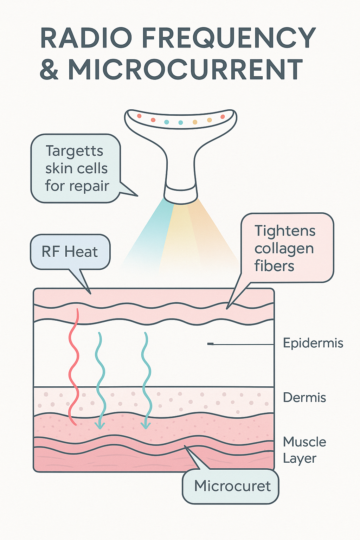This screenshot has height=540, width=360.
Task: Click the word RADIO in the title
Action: pos(86,38)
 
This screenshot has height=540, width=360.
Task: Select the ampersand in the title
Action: pos(49,69)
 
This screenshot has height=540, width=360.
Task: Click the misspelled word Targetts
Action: pos(75,151)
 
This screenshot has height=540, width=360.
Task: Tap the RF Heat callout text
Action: pos(70,252)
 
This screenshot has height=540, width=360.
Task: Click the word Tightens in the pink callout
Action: pos(285,231)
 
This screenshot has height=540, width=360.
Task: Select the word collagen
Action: pos(284,249)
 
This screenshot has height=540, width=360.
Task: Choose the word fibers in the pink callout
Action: pos(274,266)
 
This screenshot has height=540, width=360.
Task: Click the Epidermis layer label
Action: pos(313,343)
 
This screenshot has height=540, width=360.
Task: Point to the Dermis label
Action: pos(304,398)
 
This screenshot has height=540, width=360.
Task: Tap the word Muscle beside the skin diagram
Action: pos(304,442)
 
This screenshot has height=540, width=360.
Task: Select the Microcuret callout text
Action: pos(232,486)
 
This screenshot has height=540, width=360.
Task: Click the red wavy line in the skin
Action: pos(74,366)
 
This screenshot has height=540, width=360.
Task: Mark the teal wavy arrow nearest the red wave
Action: pos(100,380)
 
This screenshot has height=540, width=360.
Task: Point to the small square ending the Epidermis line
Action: pos(210,344)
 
